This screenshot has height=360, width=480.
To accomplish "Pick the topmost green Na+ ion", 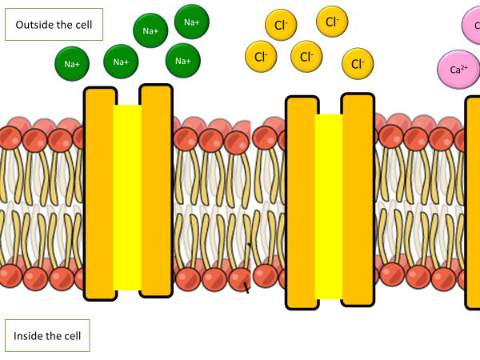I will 192,22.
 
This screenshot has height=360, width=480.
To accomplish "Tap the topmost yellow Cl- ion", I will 332,21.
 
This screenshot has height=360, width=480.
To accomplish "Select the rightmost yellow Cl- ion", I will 358,63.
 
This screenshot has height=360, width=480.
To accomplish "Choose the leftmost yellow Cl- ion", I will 261,56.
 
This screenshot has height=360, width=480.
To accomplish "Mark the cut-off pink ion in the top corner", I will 472,24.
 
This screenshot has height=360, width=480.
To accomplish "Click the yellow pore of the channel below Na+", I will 127,196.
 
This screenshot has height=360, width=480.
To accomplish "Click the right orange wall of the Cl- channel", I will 358,200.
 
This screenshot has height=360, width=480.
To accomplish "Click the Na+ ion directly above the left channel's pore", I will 121,61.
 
